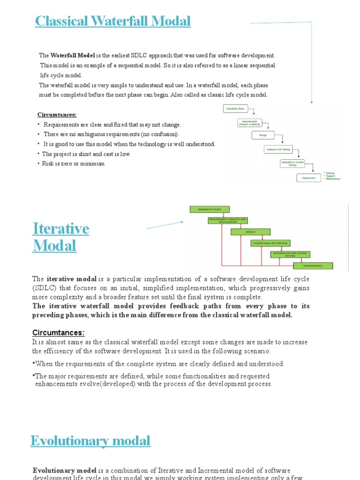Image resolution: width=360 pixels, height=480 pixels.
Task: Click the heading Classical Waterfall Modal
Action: [x=113, y=21]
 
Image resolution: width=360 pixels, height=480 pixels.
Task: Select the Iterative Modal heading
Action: [x=60, y=237]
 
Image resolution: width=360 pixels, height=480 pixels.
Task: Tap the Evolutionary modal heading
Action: [x=90, y=441]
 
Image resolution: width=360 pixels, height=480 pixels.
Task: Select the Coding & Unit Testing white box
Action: [x=278, y=150]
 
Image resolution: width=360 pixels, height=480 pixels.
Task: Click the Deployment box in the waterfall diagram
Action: [x=308, y=178]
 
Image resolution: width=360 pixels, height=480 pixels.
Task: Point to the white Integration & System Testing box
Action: [x=292, y=163]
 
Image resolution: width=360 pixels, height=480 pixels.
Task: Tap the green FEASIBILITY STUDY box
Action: [x=209, y=209]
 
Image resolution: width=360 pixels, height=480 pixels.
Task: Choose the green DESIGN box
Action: [x=250, y=232]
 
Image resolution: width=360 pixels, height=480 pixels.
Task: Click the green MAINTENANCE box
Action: [x=313, y=266]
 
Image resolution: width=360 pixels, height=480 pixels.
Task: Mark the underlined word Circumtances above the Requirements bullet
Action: [x=57, y=115]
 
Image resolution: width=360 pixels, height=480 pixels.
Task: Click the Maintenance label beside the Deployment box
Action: [x=333, y=179]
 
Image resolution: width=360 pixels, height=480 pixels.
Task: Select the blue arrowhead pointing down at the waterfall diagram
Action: [x=312, y=101]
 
